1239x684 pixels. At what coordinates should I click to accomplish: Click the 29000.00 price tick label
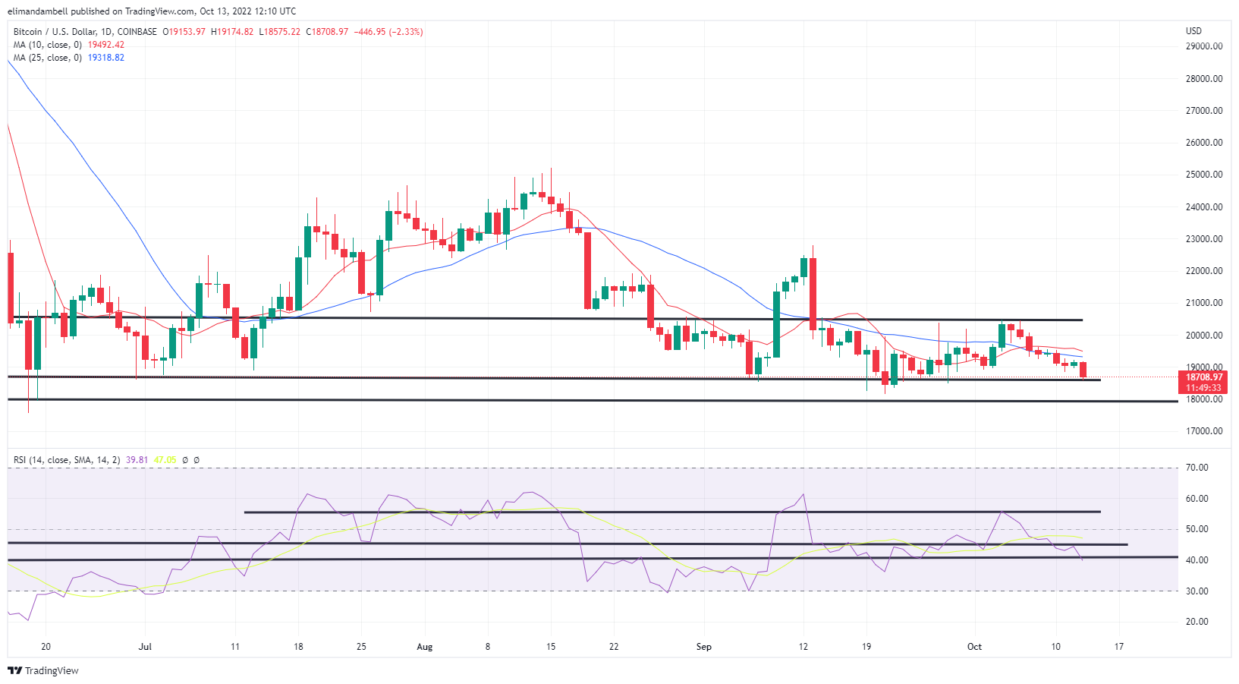1203,46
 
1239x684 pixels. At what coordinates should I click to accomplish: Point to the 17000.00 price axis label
1203,431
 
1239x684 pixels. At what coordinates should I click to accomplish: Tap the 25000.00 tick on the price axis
1203,175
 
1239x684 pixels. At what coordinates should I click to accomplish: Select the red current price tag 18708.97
1204,377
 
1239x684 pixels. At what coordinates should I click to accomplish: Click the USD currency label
1193,31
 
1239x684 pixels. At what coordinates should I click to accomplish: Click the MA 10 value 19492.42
105,45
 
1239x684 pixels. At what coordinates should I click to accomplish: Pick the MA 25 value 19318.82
105,58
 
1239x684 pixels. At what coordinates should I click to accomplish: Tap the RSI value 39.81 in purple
137,460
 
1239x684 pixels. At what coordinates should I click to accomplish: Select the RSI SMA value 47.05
165,460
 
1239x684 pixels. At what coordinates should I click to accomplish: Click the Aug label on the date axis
424,647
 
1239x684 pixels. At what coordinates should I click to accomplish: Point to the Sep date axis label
704,647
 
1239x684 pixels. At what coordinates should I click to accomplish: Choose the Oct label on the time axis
974,647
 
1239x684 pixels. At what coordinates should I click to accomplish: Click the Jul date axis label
145,647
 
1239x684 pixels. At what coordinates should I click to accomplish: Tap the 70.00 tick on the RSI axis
1197,468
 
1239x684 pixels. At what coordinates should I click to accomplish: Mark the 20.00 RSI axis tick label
1197,622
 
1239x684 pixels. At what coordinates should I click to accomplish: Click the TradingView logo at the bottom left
43,670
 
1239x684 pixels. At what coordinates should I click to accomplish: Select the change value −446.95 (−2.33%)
388,32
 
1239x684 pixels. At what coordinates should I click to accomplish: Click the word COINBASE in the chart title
137,32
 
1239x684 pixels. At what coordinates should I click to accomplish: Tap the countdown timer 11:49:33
1204,388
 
